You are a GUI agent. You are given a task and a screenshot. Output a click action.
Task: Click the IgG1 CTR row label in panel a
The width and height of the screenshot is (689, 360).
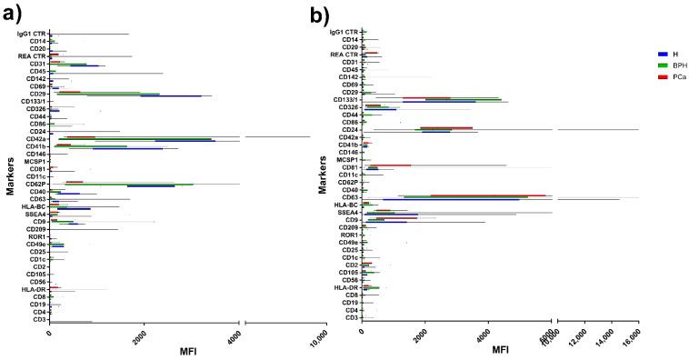click(32, 34)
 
